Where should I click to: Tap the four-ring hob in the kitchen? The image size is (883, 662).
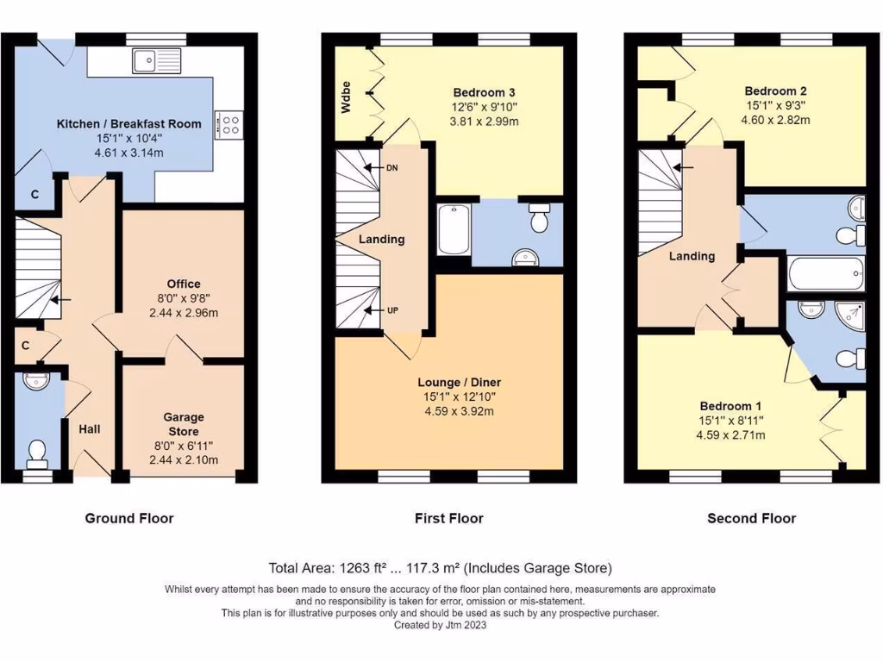[x=231, y=124]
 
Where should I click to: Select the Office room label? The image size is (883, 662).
[x=184, y=284]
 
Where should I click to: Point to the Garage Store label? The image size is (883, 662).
[x=183, y=424]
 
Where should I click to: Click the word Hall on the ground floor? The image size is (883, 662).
[x=91, y=428]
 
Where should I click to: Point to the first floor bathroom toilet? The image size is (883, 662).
[x=539, y=220]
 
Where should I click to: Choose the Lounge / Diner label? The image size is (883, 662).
[x=459, y=382]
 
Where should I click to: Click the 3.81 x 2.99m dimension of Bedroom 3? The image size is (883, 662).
[x=496, y=122]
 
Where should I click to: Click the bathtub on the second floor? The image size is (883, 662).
[x=826, y=273]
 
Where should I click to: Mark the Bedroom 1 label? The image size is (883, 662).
[x=730, y=406]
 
